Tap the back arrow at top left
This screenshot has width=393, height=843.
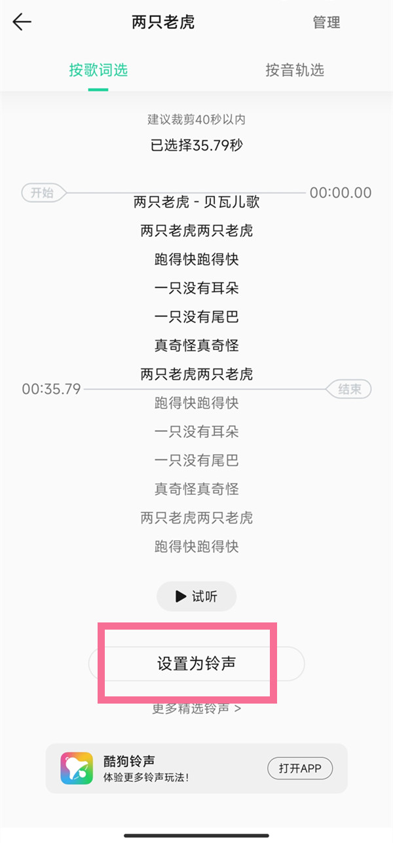[x=22, y=22]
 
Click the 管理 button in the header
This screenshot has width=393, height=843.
[x=326, y=22]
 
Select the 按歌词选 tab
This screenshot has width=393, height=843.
[x=98, y=70]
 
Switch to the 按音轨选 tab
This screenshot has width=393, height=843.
[x=295, y=70]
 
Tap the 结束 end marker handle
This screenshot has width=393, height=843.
[x=348, y=389]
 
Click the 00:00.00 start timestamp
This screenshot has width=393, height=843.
[x=341, y=192]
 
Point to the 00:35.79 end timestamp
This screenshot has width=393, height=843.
[x=51, y=389]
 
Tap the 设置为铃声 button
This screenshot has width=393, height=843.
[x=196, y=664]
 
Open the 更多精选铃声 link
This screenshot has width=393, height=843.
[x=196, y=708]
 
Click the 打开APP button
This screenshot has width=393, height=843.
[x=300, y=768]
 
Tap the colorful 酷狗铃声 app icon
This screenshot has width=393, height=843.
[x=77, y=768]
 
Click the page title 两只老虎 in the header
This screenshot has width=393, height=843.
[x=163, y=22]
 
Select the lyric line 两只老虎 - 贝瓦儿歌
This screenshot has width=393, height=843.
[x=196, y=202]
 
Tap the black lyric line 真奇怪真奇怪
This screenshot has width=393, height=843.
[x=196, y=345]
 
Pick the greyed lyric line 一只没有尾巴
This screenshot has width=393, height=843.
[x=196, y=460]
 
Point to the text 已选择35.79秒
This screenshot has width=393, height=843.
[x=196, y=145]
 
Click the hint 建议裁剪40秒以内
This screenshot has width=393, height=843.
[x=196, y=119]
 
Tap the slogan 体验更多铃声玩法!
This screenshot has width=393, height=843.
[x=146, y=778]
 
